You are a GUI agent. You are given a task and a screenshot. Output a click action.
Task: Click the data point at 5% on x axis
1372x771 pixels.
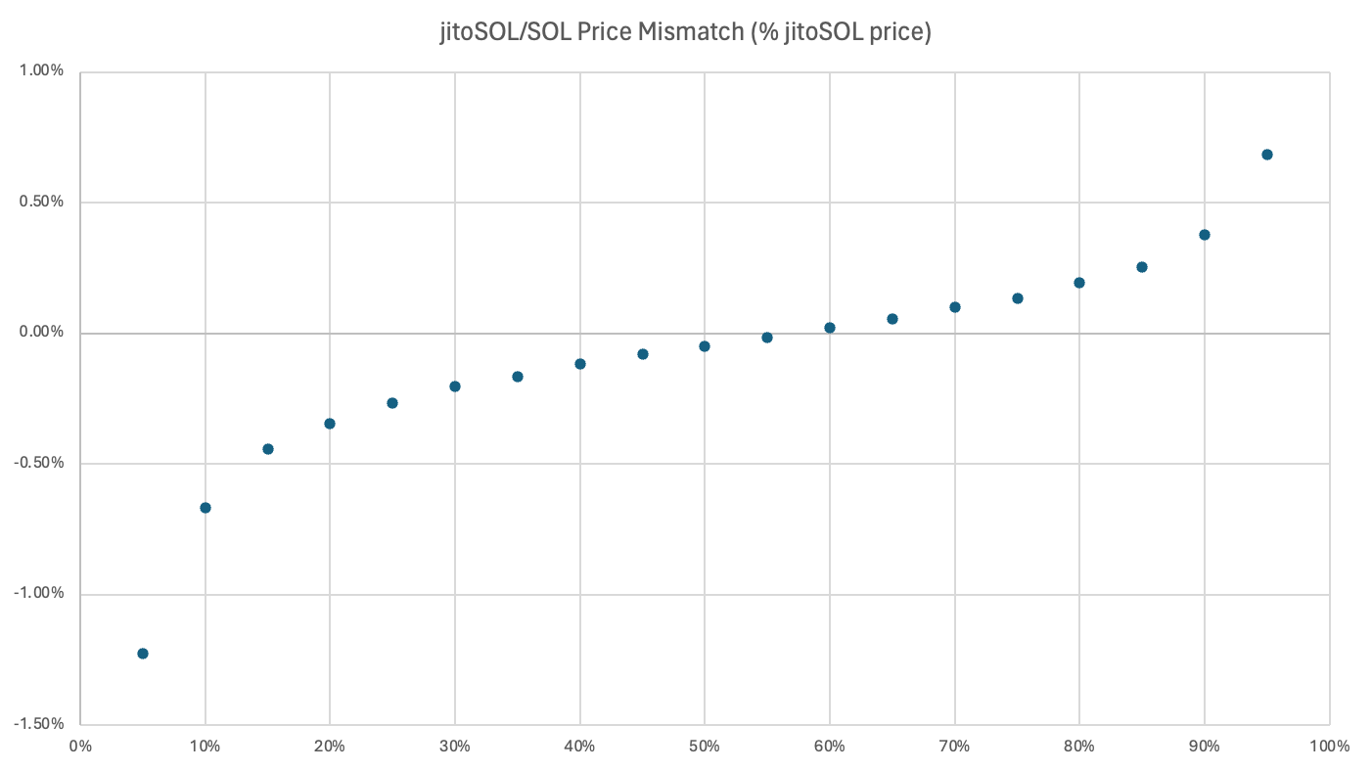[x=143, y=654]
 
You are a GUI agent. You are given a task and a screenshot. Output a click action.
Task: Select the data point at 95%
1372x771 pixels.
[x=1267, y=155]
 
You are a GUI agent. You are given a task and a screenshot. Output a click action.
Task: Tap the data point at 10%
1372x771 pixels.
[x=206, y=508]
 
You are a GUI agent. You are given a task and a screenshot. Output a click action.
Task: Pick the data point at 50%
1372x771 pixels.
[x=705, y=346]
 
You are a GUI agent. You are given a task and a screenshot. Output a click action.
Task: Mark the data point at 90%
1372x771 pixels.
[x=1205, y=235]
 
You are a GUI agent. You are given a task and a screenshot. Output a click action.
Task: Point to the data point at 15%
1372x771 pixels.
[x=268, y=449]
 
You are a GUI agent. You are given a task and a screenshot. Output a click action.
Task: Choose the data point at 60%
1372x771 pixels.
[x=830, y=328]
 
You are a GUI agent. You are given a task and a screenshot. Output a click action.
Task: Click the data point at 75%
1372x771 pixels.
[x=1018, y=298]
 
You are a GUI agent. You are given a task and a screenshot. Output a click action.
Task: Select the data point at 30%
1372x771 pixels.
[x=455, y=386]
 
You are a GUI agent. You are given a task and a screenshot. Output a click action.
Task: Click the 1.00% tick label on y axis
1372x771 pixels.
[x=42, y=71]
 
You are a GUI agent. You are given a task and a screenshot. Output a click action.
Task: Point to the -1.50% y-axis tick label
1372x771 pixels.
[x=40, y=724]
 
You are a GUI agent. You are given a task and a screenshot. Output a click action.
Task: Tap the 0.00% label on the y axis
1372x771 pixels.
[x=42, y=333]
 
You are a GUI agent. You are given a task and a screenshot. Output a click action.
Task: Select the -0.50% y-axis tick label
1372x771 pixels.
[x=40, y=463]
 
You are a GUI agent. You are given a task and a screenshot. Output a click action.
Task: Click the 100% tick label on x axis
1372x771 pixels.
[x=1329, y=747]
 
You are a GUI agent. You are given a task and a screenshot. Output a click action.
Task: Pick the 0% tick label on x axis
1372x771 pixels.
[x=80, y=747]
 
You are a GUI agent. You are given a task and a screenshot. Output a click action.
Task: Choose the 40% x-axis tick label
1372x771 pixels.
[x=579, y=747]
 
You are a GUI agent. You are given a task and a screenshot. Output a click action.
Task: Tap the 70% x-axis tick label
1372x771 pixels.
[x=954, y=747]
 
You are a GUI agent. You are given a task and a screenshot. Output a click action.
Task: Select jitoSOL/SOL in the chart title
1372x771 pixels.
[x=486, y=31]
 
